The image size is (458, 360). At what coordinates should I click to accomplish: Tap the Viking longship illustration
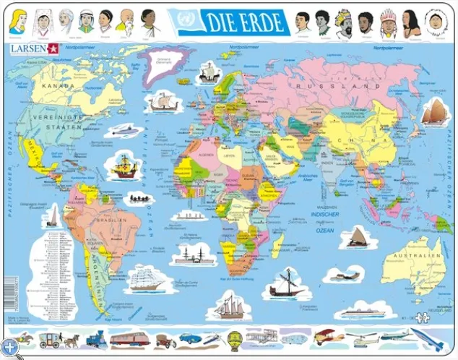click(164, 100)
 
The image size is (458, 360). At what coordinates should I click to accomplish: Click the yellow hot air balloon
click(234, 338)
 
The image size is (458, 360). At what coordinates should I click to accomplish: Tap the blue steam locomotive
click(96, 338)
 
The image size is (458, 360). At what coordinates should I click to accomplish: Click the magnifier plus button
click(9, 349)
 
